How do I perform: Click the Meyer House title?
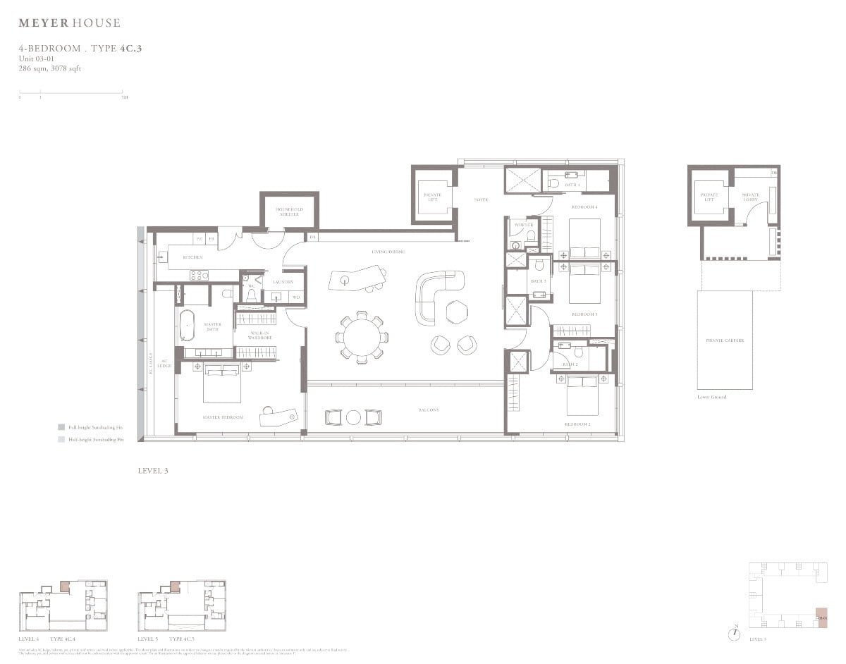point(69,23)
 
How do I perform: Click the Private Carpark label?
point(725,340)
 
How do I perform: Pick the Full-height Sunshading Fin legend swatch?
point(61,427)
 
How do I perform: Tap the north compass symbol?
point(735,632)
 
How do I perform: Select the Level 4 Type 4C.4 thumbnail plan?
point(63,605)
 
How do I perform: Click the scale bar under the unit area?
point(72,92)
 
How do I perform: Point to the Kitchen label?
point(192,257)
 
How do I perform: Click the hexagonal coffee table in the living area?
point(456,310)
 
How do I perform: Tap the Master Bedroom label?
point(223,417)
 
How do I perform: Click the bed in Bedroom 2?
point(583,394)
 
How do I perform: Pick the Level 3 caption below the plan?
point(153,470)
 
